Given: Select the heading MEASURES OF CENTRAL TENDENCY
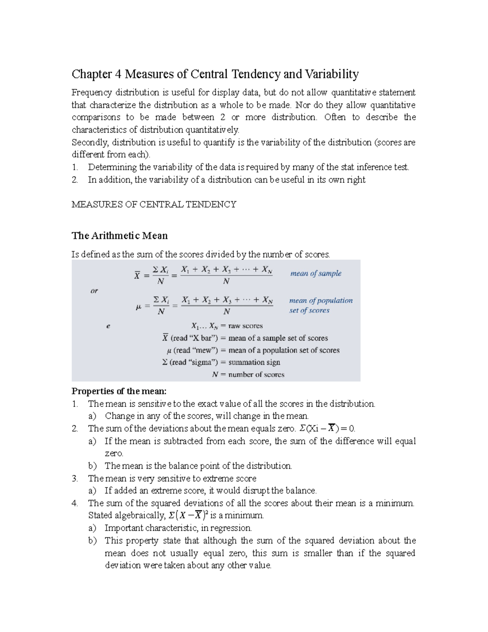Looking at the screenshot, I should point(154,204).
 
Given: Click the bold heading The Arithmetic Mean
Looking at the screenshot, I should point(120,236).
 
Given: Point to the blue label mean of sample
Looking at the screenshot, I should point(316,273).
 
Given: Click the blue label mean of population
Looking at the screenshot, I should point(320,301).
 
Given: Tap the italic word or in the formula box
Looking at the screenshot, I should point(94,291).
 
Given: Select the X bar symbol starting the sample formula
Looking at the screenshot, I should point(137,276).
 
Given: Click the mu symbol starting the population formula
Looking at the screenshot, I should point(138,307).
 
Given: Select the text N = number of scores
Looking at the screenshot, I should point(248,374).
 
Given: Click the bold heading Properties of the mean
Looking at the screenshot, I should point(119,391).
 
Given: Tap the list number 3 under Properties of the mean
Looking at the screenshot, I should point(74,479).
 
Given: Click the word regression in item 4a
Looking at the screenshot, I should point(231,528).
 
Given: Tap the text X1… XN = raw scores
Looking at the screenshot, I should point(227,326).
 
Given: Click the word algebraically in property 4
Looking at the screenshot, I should point(140,516).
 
